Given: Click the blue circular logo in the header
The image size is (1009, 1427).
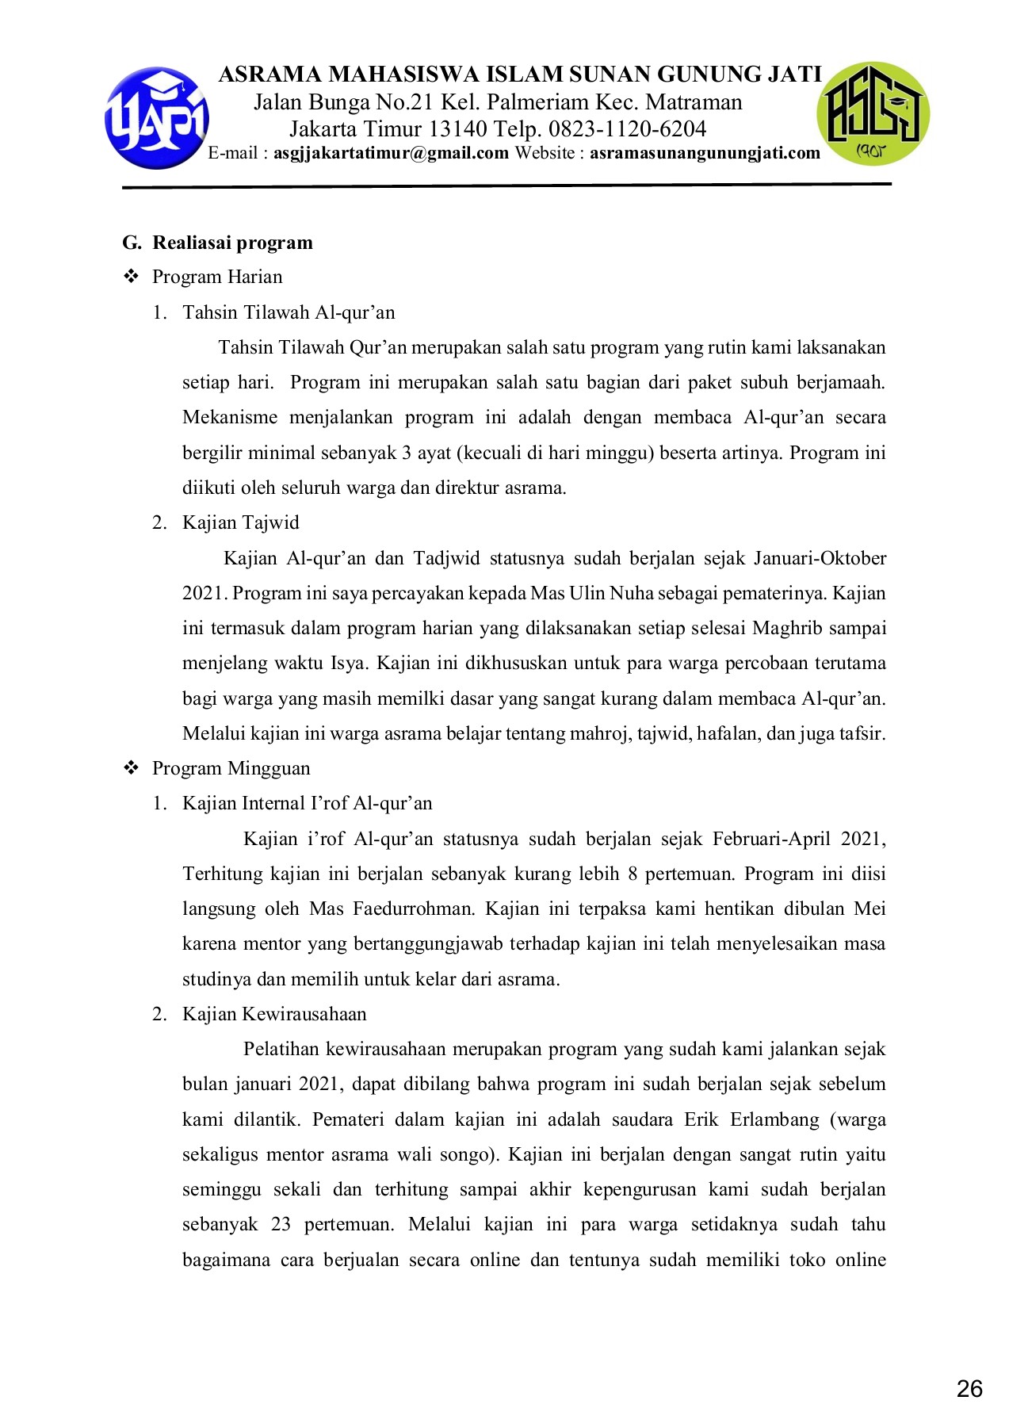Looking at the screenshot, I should pos(157,118).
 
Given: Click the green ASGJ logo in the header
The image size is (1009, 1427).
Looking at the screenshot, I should pos(873,113).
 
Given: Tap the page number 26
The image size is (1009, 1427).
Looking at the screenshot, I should pos(969,1389).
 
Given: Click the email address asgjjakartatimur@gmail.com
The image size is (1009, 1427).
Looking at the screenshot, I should pos(391,153).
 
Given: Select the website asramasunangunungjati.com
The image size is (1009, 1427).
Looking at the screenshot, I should pos(705,153).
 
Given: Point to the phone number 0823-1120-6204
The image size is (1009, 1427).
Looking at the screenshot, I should pos(627,128).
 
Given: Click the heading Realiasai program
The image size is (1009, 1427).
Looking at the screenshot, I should pos(232,243).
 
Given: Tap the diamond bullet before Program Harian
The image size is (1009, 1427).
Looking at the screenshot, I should pos(131,277).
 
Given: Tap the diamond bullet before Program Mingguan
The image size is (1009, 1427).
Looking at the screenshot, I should pos(131,768).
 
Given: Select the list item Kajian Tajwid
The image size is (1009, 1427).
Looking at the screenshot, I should pos(240,522).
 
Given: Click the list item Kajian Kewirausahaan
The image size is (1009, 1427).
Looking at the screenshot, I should pos(274,1014).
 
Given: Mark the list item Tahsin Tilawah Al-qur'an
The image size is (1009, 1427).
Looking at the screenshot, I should pos(289,312).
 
